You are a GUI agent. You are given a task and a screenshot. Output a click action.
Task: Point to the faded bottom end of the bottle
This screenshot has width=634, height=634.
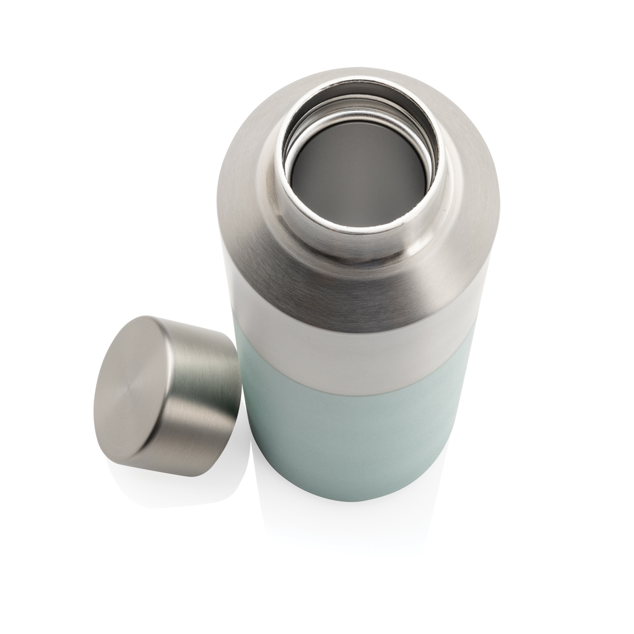click(353, 532)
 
